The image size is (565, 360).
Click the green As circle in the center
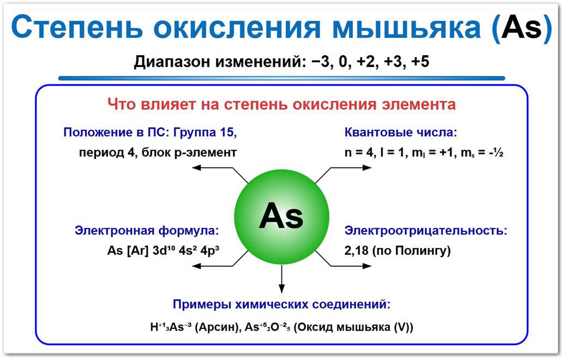[281, 217]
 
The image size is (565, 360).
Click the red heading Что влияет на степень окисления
[281, 104]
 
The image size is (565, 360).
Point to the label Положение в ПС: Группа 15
[150, 133]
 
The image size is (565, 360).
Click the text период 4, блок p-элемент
[158, 152]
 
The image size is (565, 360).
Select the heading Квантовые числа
[400, 133]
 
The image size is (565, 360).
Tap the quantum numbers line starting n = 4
[423, 153]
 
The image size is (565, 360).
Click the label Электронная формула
[147, 230]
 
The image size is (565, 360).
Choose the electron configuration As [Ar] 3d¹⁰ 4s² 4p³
[167, 251]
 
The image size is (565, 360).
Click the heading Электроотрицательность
[425, 230]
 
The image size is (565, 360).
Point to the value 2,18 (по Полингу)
[398, 251]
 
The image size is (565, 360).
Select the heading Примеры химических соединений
[281, 304]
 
